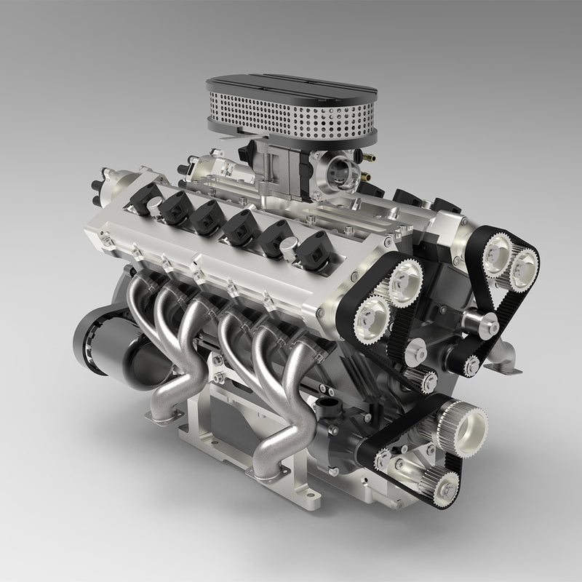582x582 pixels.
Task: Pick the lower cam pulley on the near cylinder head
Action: coord(372,317)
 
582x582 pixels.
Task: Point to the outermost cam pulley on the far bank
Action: coord(522,268)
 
